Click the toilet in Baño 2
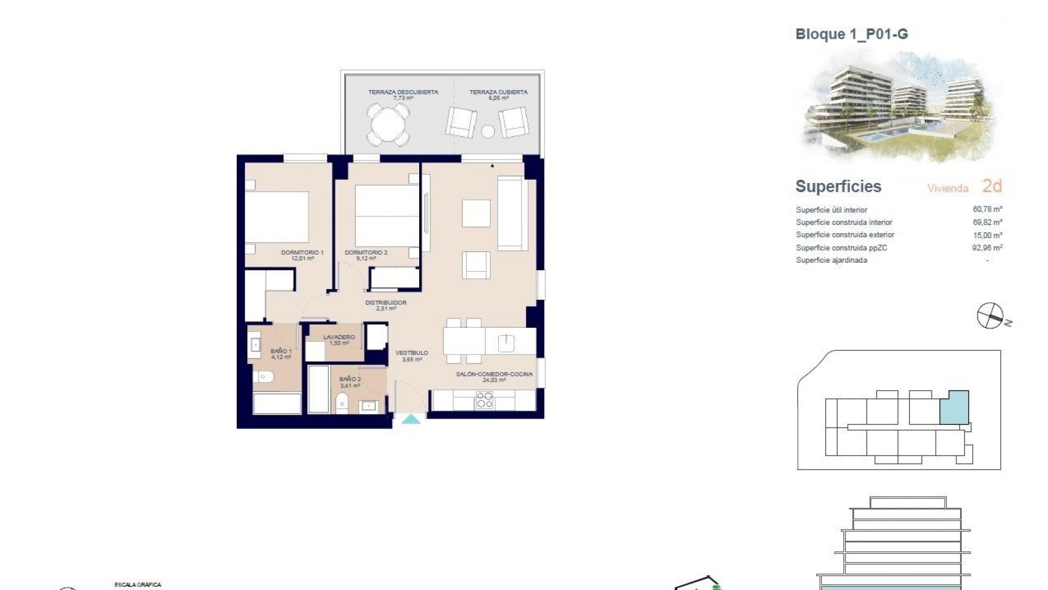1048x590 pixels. pos(342,403)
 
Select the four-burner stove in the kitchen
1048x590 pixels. pos(484,400)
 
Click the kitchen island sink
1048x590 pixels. pos(506,343)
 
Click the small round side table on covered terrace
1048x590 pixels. pos(488,131)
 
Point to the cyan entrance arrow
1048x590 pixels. pos(411,420)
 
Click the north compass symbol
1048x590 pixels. pos(990,316)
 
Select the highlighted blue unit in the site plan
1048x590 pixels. pos(954,408)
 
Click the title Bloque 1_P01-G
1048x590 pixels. pos(851,34)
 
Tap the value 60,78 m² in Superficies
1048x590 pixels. pos(987,209)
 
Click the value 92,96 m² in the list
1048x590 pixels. pos(987,247)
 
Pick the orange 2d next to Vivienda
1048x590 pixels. pos(992,186)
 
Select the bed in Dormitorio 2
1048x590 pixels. pos(387,216)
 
